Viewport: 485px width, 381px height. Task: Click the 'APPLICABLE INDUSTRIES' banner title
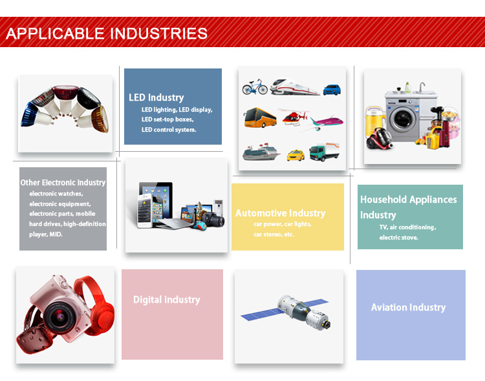(107, 34)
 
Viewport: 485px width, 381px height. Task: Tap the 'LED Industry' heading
(156, 98)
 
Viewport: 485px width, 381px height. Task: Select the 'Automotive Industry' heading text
(280, 213)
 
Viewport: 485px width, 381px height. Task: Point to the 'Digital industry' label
(167, 300)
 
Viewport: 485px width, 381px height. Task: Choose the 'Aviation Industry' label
(408, 307)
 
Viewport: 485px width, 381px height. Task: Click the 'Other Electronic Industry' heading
(63, 183)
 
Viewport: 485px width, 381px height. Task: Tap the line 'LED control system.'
(169, 130)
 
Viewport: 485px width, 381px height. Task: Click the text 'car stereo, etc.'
(274, 234)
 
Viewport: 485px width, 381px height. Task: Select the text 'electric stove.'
(399, 237)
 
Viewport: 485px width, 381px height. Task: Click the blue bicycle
(255, 87)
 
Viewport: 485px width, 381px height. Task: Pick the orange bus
(260, 118)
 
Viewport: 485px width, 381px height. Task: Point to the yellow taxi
(296, 156)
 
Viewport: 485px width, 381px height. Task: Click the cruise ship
(261, 152)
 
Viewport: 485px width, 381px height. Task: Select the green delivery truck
(325, 152)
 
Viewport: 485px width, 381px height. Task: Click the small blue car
(332, 90)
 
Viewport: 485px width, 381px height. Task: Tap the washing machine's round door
(402, 118)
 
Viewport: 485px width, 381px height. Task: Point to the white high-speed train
(294, 87)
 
